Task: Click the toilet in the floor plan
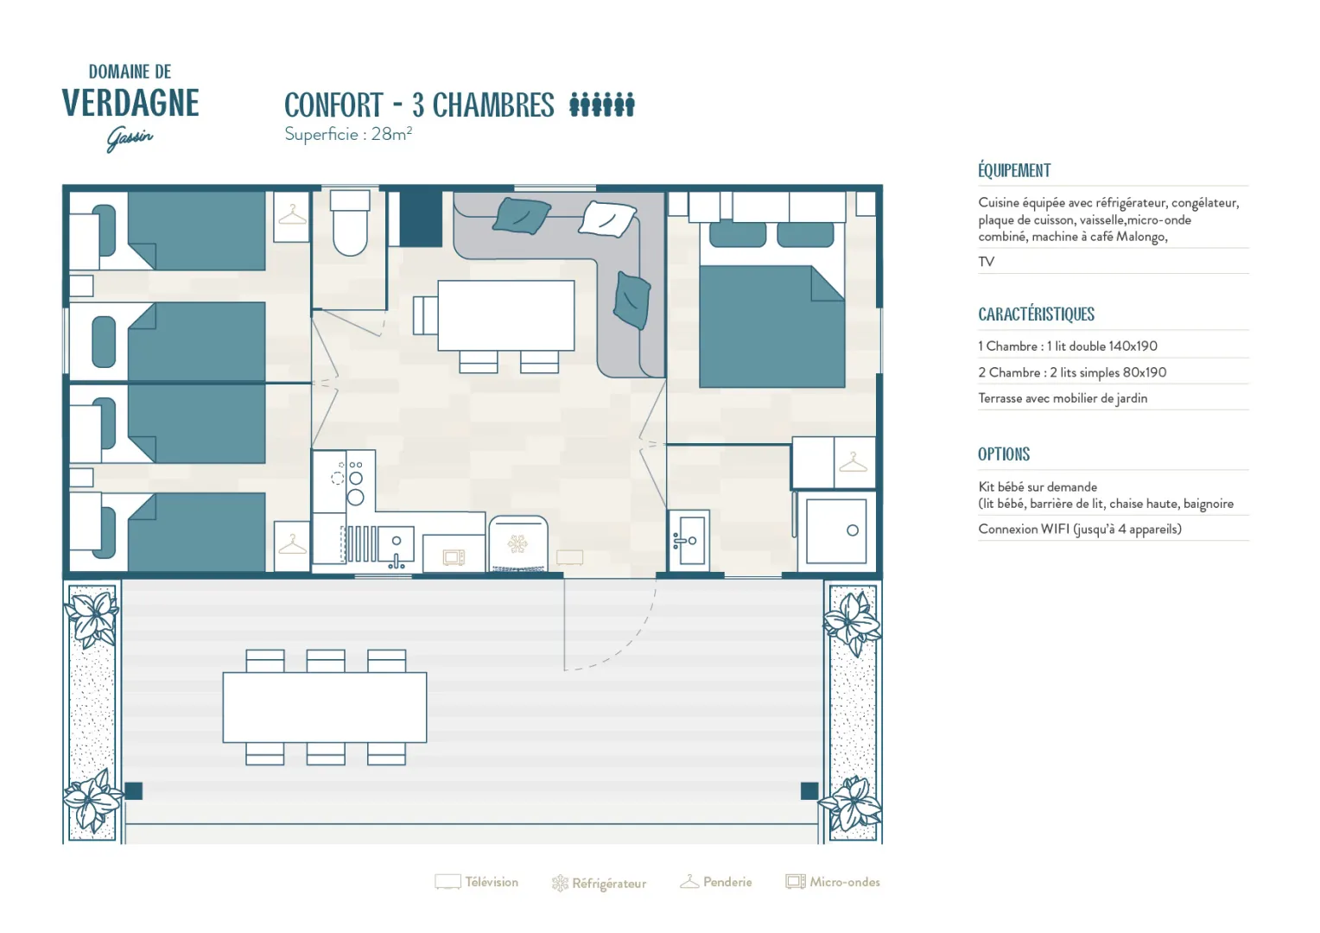[350, 222]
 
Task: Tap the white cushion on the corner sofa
[607, 219]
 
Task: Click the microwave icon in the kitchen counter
[454, 557]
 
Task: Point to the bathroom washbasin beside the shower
[689, 541]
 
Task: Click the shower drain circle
[852, 530]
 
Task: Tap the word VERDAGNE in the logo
[130, 103]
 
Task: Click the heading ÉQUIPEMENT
[1014, 170]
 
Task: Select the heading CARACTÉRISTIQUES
[1036, 314]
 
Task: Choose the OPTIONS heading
[1004, 454]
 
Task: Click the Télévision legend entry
[476, 882]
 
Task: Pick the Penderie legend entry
[715, 882]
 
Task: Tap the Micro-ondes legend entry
[833, 882]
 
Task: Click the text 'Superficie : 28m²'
[348, 135]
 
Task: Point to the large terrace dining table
[325, 708]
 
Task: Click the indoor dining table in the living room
[505, 315]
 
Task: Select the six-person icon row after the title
[601, 105]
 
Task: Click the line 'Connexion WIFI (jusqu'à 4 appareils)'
[1080, 530]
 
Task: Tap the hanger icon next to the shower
[854, 462]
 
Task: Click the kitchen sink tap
[396, 562]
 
